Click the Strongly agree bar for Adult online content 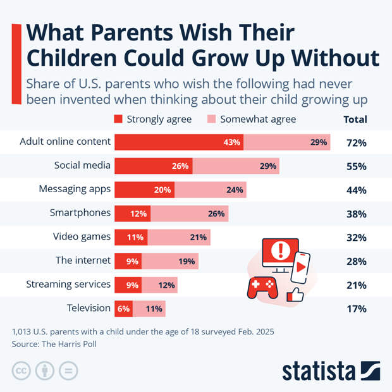[178, 142]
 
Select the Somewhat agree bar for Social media [235, 166]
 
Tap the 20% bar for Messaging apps [144, 190]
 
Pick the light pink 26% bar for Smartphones [189, 214]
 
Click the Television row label [89, 308]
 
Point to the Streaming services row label [68, 285]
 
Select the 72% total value [356, 143]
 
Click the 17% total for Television [356, 309]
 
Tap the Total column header [355, 119]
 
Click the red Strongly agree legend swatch [118, 119]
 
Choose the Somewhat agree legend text [258, 119]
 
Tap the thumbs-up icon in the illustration [295, 294]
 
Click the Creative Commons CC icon [21, 371]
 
